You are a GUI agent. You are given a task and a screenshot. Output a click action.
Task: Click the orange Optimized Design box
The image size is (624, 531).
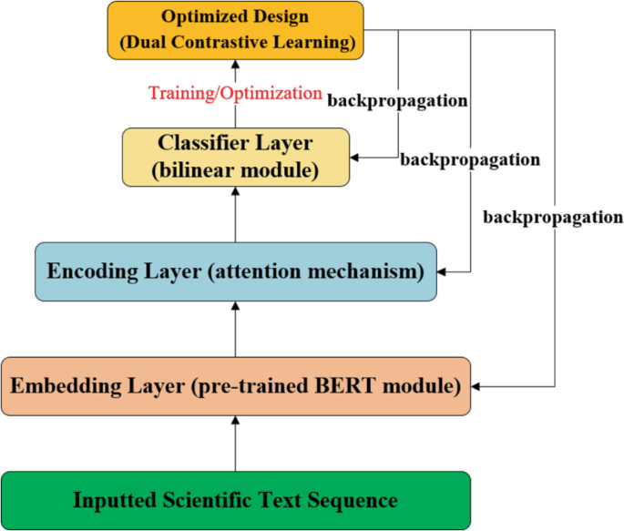tap(235, 28)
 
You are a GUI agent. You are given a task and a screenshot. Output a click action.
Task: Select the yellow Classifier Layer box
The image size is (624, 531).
tap(235, 157)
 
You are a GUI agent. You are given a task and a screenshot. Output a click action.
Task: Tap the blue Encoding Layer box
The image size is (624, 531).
tap(235, 271)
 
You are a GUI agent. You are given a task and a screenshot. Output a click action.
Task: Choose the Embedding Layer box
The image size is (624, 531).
tap(235, 386)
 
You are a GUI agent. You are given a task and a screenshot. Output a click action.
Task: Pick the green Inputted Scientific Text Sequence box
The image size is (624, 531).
tap(235, 500)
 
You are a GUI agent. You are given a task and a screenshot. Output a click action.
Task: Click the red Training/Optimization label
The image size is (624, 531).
tap(235, 93)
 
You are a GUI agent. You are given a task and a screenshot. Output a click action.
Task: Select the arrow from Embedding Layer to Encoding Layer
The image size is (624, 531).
tap(235, 329)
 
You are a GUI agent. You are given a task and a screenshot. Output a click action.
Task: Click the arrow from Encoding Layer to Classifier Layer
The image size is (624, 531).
tap(235, 214)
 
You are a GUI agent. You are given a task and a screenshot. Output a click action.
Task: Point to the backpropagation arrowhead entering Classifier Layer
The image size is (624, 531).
tap(355, 158)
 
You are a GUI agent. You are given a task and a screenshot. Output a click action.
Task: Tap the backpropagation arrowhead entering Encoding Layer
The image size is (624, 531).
tap(443, 271)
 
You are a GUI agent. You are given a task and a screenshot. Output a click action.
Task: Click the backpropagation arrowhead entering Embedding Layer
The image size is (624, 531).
tap(476, 387)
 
